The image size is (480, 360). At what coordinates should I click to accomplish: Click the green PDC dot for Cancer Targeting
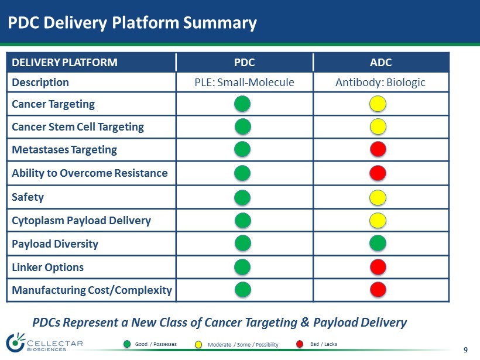click(x=242, y=104)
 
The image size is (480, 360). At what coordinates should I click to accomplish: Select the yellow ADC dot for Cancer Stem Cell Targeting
click(x=378, y=126)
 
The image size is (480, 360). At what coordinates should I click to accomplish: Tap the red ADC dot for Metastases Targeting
click(x=378, y=149)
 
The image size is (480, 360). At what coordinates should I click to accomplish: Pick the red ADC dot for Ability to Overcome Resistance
click(x=378, y=173)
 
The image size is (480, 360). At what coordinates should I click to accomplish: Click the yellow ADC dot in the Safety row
click(x=378, y=197)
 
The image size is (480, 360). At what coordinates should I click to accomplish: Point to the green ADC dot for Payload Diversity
click(x=378, y=244)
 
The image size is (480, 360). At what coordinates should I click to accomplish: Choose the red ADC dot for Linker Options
click(x=378, y=266)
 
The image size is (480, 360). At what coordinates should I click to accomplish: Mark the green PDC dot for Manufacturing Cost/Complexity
click(x=243, y=290)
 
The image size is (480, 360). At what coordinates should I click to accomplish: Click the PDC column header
click(x=245, y=63)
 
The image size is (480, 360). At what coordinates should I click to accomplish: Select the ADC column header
click(x=381, y=63)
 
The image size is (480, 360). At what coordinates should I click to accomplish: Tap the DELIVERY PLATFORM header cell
click(x=91, y=63)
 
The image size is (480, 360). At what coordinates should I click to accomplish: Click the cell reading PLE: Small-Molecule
click(x=245, y=83)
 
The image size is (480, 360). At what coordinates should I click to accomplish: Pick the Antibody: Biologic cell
click(x=381, y=83)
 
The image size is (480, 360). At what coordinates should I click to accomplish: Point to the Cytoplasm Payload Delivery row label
click(x=81, y=221)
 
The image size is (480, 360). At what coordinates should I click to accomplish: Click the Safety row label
click(x=28, y=197)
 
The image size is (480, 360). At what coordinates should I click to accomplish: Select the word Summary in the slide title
click(x=220, y=23)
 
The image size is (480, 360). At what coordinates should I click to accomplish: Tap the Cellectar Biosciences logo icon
click(x=16, y=342)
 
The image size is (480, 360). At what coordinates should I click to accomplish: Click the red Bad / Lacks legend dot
click(x=300, y=344)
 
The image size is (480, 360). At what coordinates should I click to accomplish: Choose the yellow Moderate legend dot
click(x=198, y=345)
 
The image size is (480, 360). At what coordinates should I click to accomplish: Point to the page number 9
click(x=465, y=349)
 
